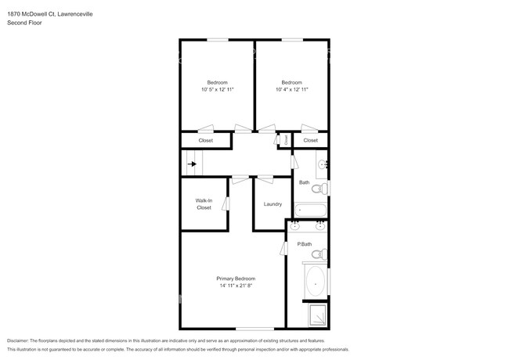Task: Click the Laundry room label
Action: point(273,204)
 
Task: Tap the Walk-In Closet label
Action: point(204,204)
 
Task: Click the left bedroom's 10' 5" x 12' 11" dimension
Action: point(217,90)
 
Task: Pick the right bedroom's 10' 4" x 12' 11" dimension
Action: point(292,90)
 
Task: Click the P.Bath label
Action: point(305,245)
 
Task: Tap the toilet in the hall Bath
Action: point(318,189)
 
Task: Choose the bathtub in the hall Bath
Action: point(309,210)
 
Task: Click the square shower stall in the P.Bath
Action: point(316,315)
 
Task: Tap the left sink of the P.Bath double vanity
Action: point(295,226)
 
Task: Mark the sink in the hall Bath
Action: point(322,165)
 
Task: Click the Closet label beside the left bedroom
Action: point(205,140)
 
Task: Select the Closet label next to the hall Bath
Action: point(311,140)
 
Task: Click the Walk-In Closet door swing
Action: point(226,203)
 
